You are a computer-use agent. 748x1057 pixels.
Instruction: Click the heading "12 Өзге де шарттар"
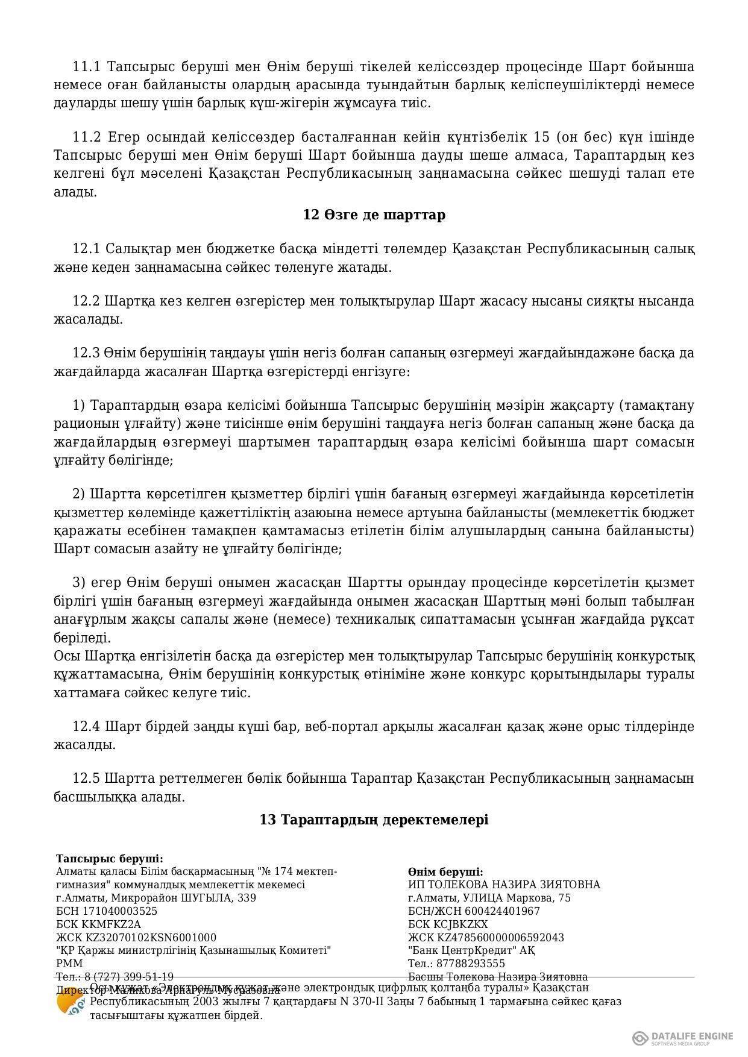click(374, 215)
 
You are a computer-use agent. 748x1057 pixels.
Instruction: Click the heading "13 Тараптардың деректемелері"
click(374, 820)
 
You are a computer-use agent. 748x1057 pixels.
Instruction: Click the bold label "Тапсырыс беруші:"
click(109, 859)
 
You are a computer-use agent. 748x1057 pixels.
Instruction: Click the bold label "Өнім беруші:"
click(445, 872)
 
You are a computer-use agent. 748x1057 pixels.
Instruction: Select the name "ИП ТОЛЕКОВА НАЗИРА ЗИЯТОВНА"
click(504, 885)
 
